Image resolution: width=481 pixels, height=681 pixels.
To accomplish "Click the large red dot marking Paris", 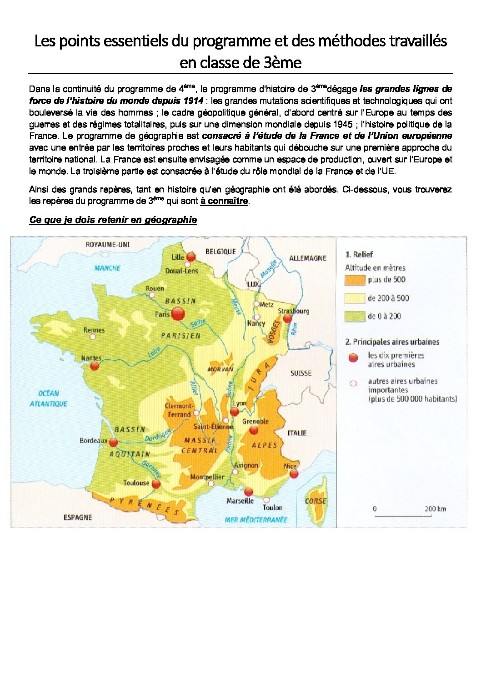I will pyautogui.click(x=178, y=313).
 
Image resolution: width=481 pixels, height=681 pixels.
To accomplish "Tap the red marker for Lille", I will pyautogui.click(x=191, y=257).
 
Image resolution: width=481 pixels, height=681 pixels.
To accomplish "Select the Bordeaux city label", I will pyautogui.click(x=93, y=440).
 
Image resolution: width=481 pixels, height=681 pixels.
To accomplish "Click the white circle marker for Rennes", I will pyautogui.click(x=93, y=337).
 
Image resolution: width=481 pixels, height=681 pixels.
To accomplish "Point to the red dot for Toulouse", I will pyautogui.click(x=156, y=484).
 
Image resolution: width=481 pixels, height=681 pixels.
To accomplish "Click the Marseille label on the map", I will pyautogui.click(x=240, y=501).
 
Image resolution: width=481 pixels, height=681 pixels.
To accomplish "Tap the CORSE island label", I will pyautogui.click(x=316, y=501).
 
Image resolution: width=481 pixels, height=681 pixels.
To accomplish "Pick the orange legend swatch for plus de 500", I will pyautogui.click(x=355, y=280).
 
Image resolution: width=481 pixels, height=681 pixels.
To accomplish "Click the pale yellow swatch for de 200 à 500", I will pyautogui.click(x=355, y=298).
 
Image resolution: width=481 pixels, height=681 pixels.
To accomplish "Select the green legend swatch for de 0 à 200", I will pyautogui.click(x=355, y=316).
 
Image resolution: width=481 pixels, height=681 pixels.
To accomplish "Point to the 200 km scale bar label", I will pyautogui.click(x=435, y=509).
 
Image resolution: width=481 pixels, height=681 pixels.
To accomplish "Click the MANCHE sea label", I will pyautogui.click(x=107, y=268).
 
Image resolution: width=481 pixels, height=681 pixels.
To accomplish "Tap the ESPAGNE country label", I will pyautogui.click(x=78, y=517).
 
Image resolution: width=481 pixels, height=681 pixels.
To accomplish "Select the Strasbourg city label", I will pyautogui.click(x=293, y=311).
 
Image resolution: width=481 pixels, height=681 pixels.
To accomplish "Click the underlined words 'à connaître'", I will pyautogui.click(x=224, y=201).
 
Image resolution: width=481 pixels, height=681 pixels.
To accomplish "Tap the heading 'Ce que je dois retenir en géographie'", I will pyautogui.click(x=113, y=220).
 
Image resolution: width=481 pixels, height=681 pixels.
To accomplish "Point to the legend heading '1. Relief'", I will pyautogui.click(x=359, y=254).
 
